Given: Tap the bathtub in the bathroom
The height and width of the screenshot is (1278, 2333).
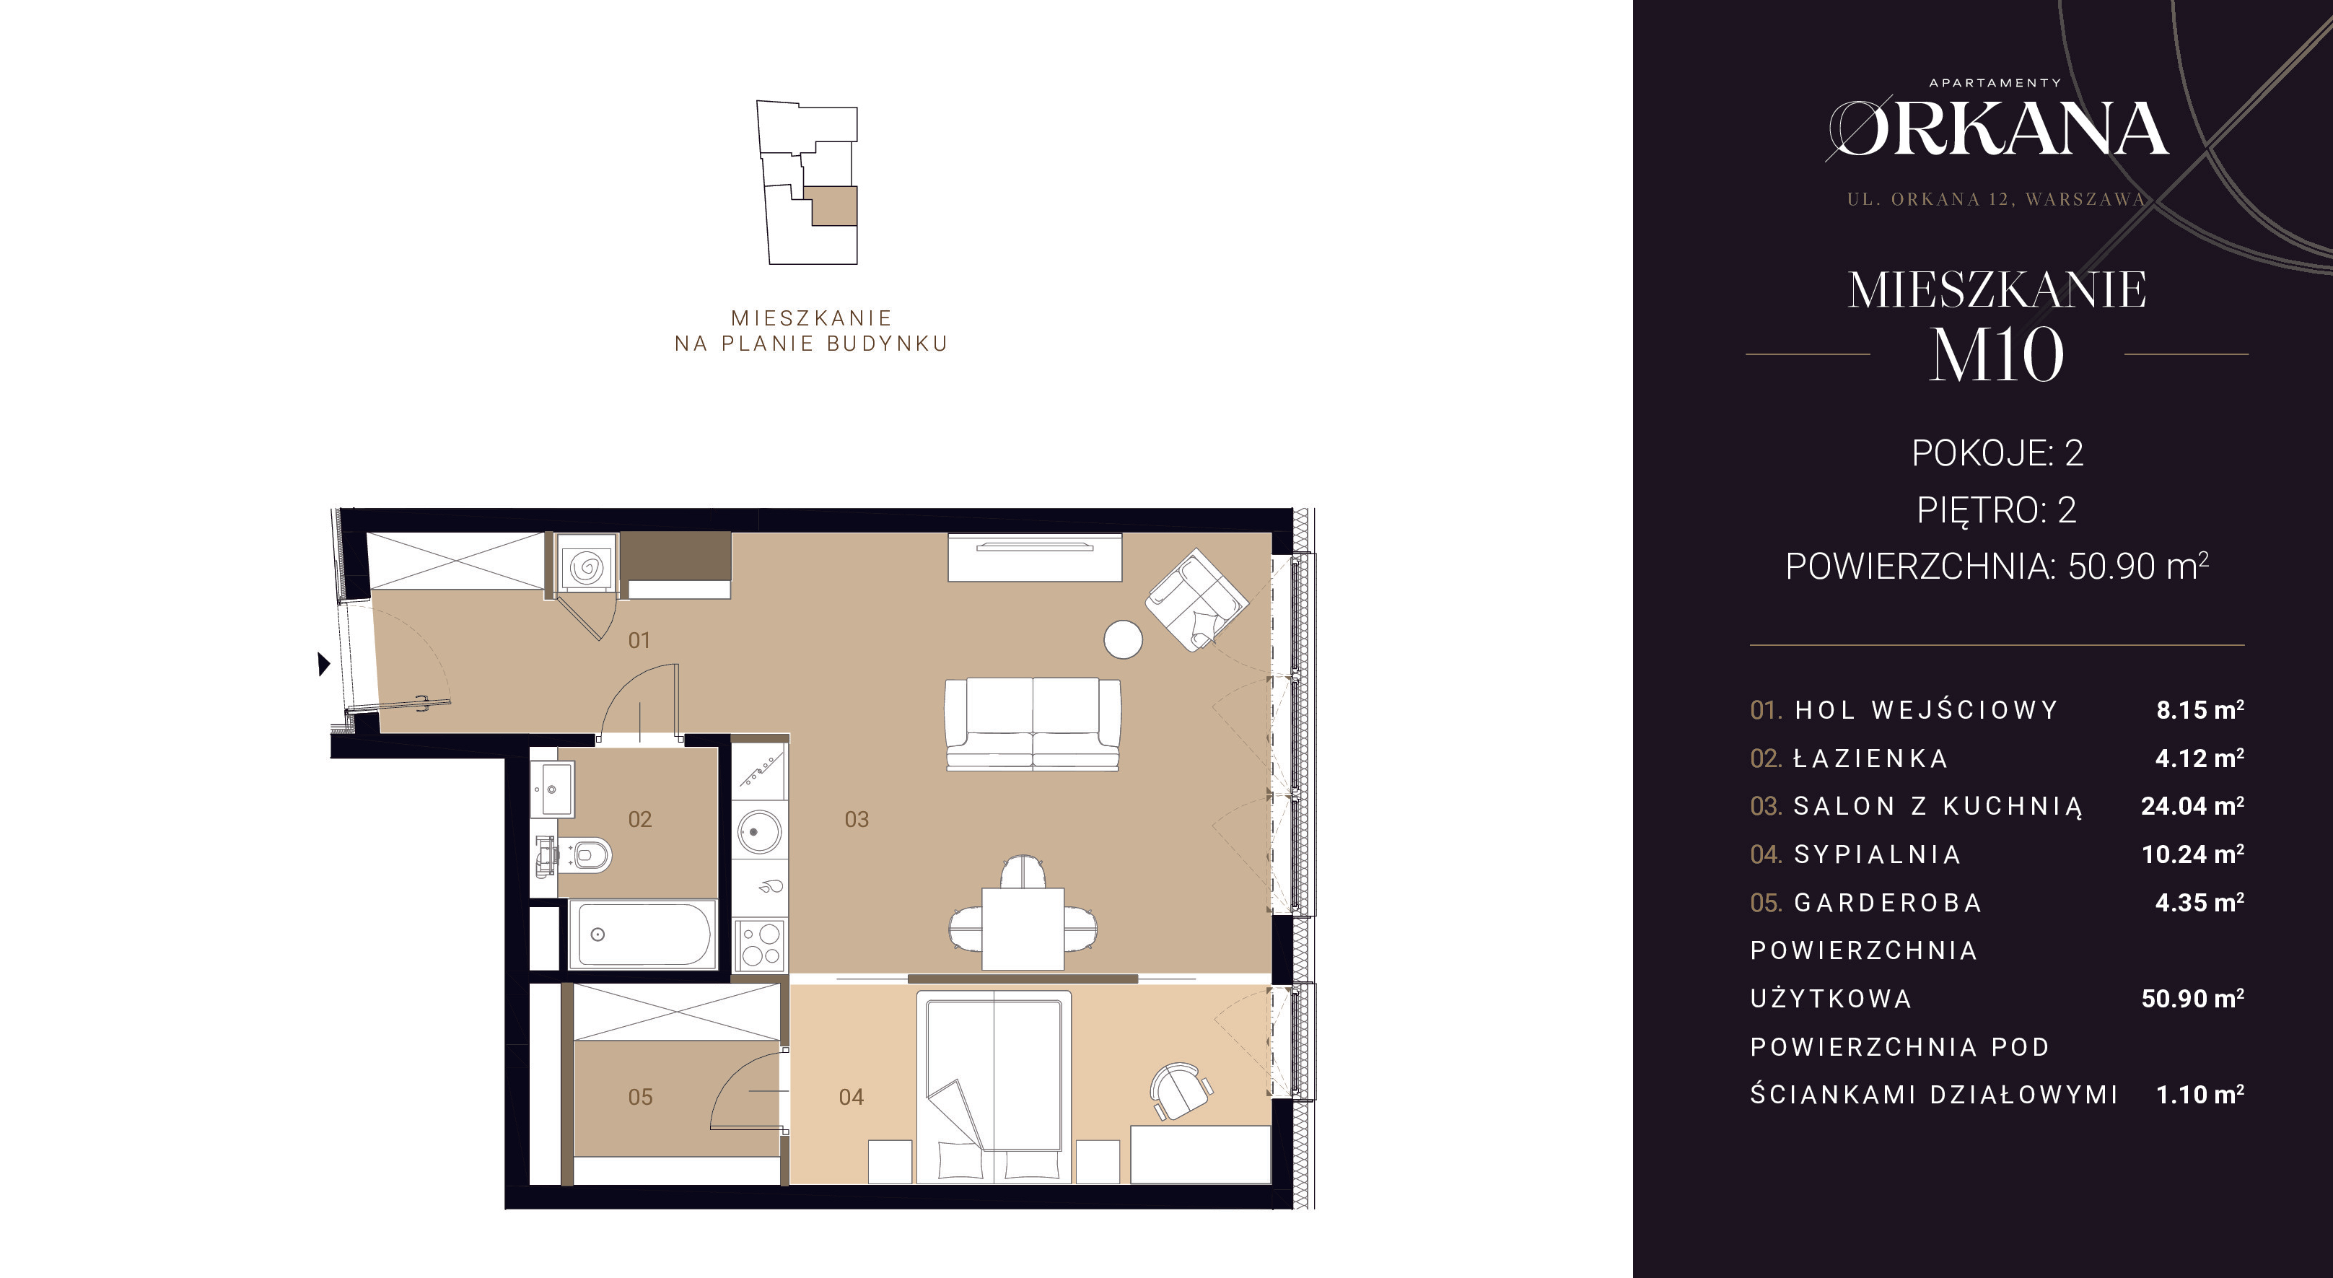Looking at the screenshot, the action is (642, 934).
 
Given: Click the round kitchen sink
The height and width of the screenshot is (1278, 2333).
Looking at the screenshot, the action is (759, 831).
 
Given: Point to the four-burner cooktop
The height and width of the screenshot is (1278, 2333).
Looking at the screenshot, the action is (759, 944).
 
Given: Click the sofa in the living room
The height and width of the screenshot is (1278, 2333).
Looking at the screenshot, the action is (1033, 724).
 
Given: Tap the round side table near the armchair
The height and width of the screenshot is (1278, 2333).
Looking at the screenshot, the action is (1123, 639).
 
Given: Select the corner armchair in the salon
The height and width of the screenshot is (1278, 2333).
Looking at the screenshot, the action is (1196, 599).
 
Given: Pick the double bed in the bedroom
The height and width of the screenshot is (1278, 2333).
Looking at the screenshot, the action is (994, 1087).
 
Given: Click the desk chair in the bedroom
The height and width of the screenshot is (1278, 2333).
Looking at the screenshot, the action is (1180, 1090).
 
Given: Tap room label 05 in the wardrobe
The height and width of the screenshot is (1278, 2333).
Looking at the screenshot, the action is (640, 1097).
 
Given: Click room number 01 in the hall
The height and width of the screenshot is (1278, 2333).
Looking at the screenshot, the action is (639, 640).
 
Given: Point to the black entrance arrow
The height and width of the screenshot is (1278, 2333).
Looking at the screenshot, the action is (323, 664).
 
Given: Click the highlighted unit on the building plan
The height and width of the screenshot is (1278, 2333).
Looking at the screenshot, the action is (831, 206).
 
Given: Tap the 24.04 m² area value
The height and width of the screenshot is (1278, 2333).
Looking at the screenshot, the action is (2192, 805).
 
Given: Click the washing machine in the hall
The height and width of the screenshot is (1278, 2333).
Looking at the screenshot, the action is (586, 565).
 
